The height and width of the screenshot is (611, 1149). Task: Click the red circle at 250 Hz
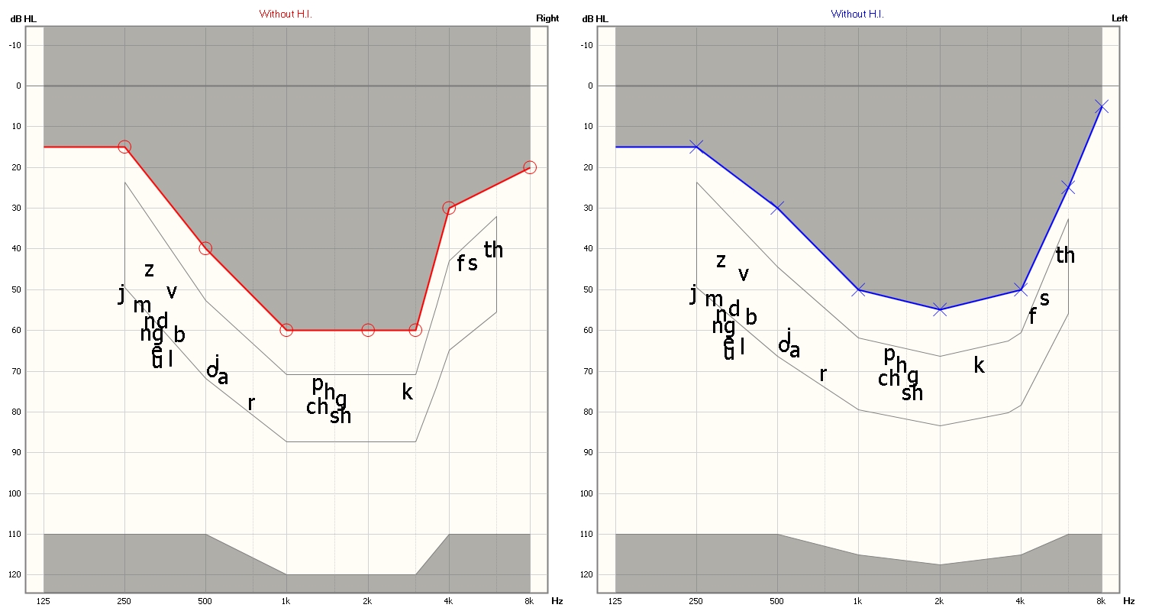[x=124, y=147]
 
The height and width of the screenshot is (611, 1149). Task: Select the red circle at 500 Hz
[x=205, y=248]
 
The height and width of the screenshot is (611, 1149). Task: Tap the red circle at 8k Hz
[x=530, y=167]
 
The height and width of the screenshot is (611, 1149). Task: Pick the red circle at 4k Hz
[x=449, y=208]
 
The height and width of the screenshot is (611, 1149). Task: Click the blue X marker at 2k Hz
[x=940, y=309]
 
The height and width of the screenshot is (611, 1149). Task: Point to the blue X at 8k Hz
[x=1101, y=106]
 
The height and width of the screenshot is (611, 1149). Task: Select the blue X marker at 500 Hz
[x=777, y=208]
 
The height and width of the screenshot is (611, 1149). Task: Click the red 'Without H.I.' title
[x=286, y=14]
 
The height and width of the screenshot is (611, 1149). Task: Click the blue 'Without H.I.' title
[x=857, y=14]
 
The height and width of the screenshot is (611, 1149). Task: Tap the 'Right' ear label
[x=547, y=18]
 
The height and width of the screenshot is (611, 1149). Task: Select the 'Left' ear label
[x=1118, y=18]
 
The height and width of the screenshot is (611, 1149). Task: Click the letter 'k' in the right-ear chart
[x=407, y=393]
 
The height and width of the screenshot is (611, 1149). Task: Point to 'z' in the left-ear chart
[x=721, y=261]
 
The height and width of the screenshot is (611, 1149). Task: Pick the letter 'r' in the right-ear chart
[x=250, y=403]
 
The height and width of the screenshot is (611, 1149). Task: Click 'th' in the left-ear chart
[x=1065, y=255]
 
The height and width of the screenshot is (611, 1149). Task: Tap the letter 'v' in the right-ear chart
[x=172, y=291]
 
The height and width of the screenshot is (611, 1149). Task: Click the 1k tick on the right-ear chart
[x=286, y=601]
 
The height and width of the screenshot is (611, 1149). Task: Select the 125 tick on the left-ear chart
[x=615, y=601]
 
